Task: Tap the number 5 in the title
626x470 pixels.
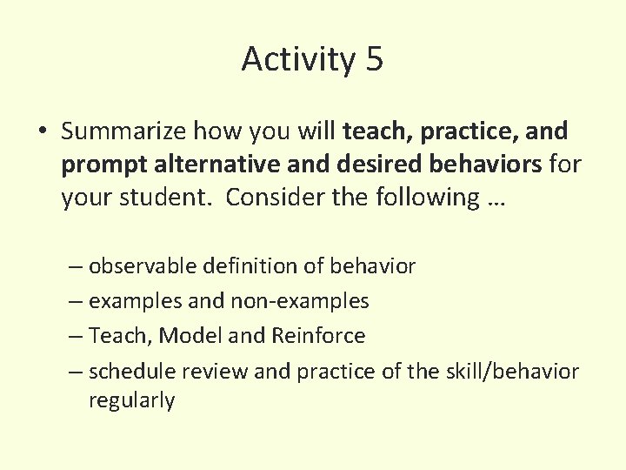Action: [x=374, y=60]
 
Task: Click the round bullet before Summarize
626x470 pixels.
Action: [x=43, y=132]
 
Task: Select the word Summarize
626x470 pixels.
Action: [x=123, y=132]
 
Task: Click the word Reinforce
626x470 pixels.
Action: [x=318, y=335]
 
